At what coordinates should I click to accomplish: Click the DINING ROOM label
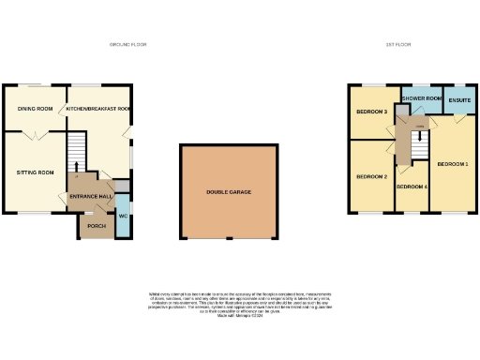tap(34, 109)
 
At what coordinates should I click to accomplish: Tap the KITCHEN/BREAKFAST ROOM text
tap(97, 109)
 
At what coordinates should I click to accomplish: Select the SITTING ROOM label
tap(35, 173)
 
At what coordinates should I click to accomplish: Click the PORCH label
tap(95, 226)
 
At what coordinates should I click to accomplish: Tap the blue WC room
tap(123, 216)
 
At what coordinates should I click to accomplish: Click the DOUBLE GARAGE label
tap(229, 192)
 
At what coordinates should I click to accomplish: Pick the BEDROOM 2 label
tap(371, 176)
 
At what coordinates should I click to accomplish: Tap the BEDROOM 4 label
tap(412, 187)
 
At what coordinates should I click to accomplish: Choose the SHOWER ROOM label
tap(421, 98)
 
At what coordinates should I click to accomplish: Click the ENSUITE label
tap(459, 99)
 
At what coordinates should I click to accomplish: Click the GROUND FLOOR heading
tap(128, 44)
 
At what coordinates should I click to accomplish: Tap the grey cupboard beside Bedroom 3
tap(401, 110)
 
